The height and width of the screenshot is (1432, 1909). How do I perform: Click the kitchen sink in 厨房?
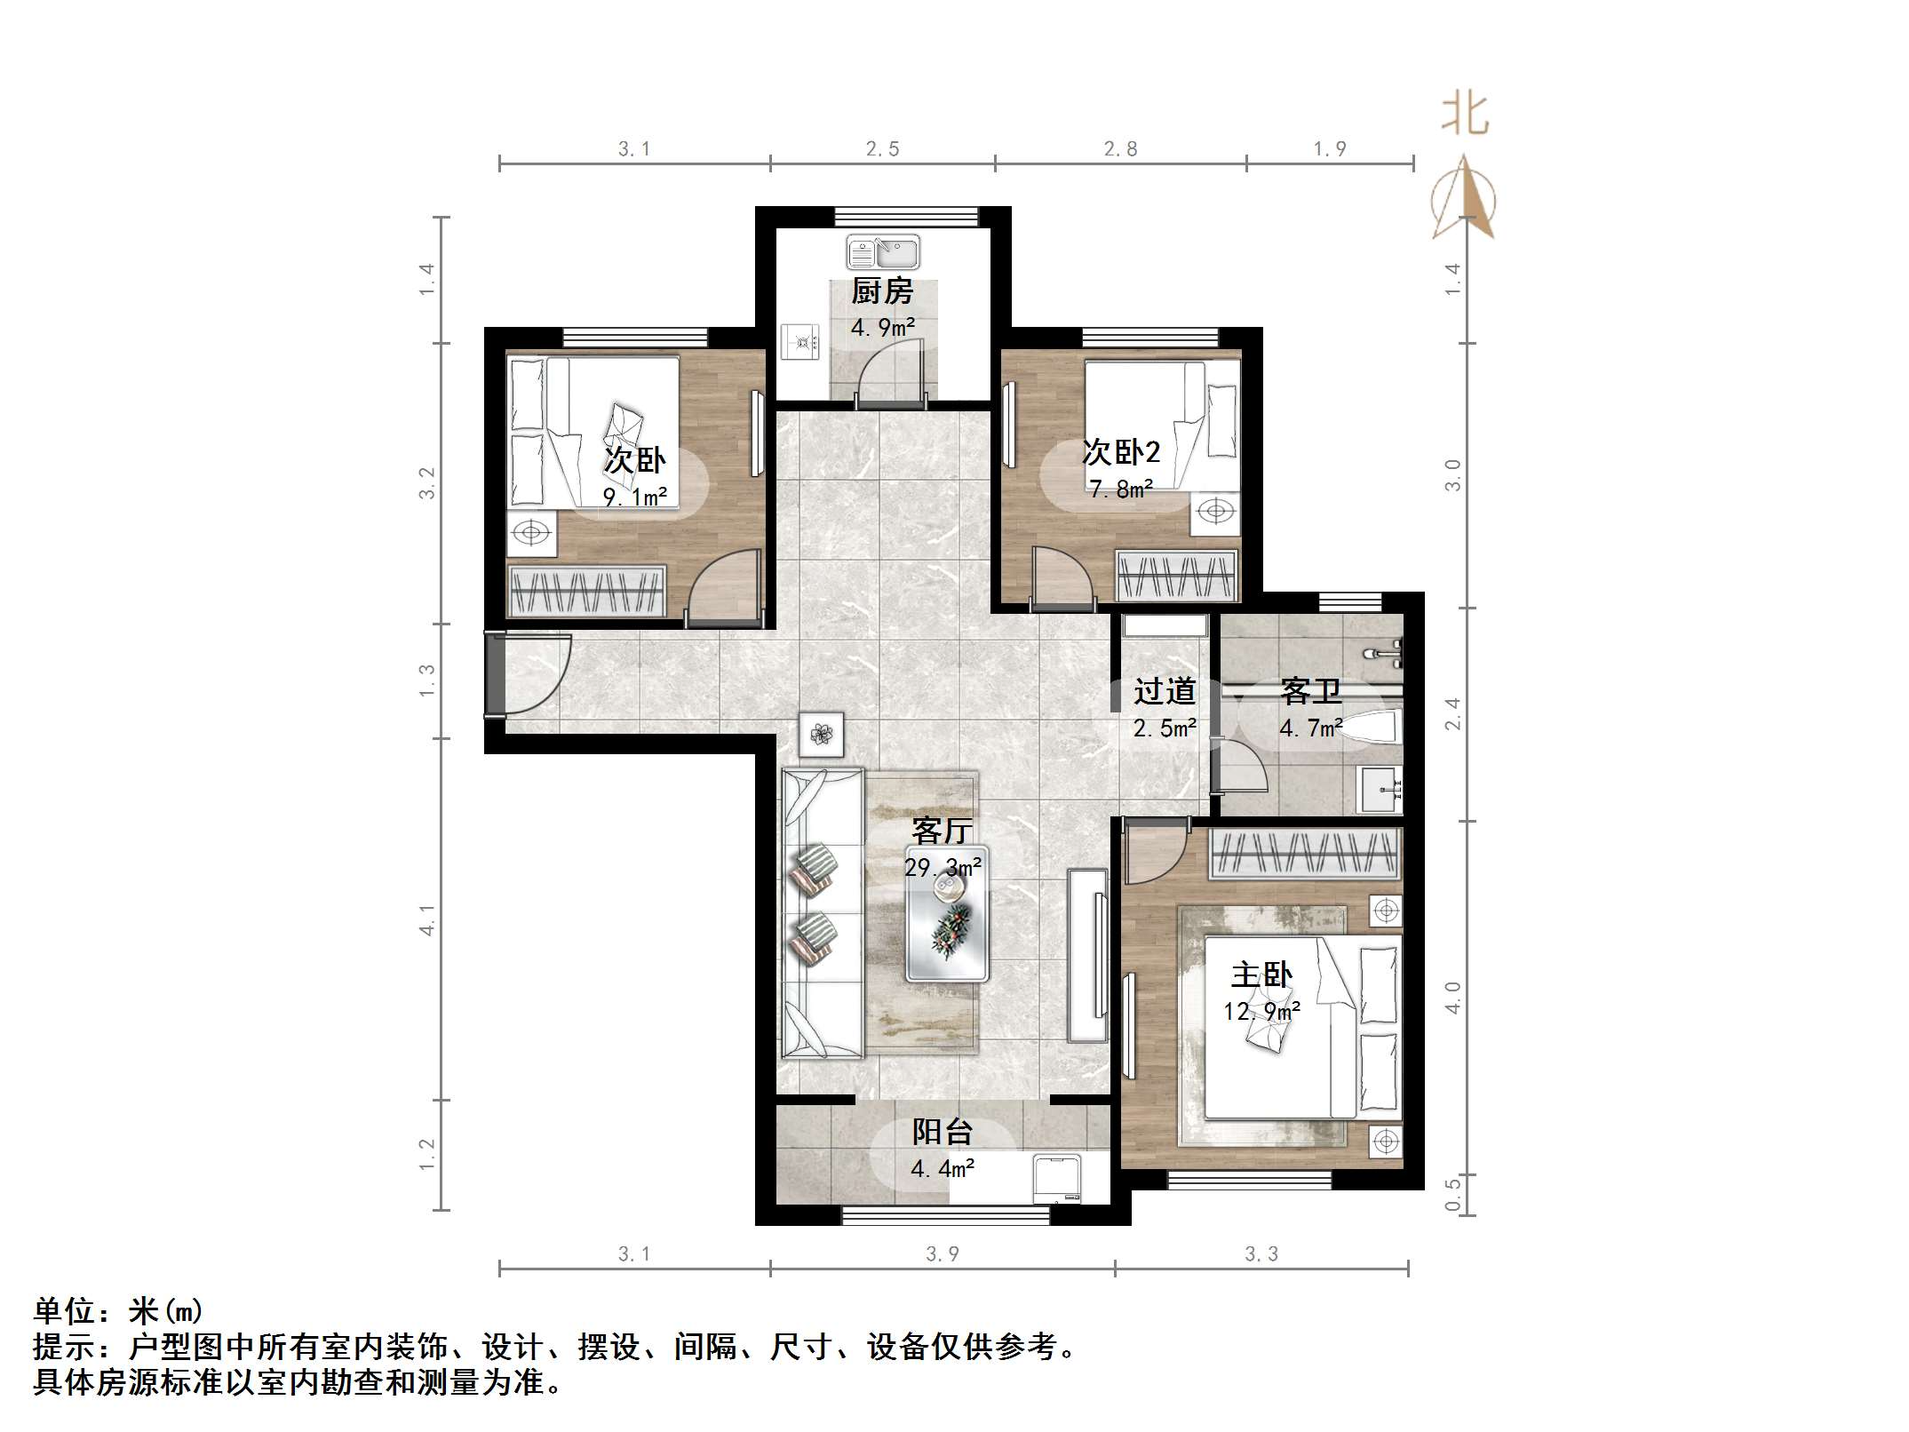[x=882, y=252]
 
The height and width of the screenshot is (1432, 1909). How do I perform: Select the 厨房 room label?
[x=882, y=290]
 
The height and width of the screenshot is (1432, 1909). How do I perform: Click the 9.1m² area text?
[x=635, y=497]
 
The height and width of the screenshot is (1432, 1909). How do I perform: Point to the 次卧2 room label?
[x=1120, y=452]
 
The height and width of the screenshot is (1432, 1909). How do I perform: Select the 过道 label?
[x=1164, y=691]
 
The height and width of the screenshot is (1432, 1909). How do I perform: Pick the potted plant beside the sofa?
[x=821, y=734]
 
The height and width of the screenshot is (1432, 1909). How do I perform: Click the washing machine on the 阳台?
[x=1057, y=1178]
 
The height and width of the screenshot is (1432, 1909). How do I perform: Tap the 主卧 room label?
[x=1261, y=975]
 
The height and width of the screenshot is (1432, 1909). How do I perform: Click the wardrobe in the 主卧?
[x=1305, y=853]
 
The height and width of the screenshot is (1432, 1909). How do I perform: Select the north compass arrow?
[x=1463, y=197]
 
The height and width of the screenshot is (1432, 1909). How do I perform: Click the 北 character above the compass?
[x=1465, y=115]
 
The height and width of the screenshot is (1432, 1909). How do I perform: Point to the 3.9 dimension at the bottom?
[x=942, y=1253]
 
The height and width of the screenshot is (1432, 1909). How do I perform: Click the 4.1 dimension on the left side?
[x=427, y=919]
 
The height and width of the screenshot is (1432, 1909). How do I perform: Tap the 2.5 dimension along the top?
[x=882, y=148]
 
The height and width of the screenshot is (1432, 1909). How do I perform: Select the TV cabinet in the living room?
[x=1088, y=954]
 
